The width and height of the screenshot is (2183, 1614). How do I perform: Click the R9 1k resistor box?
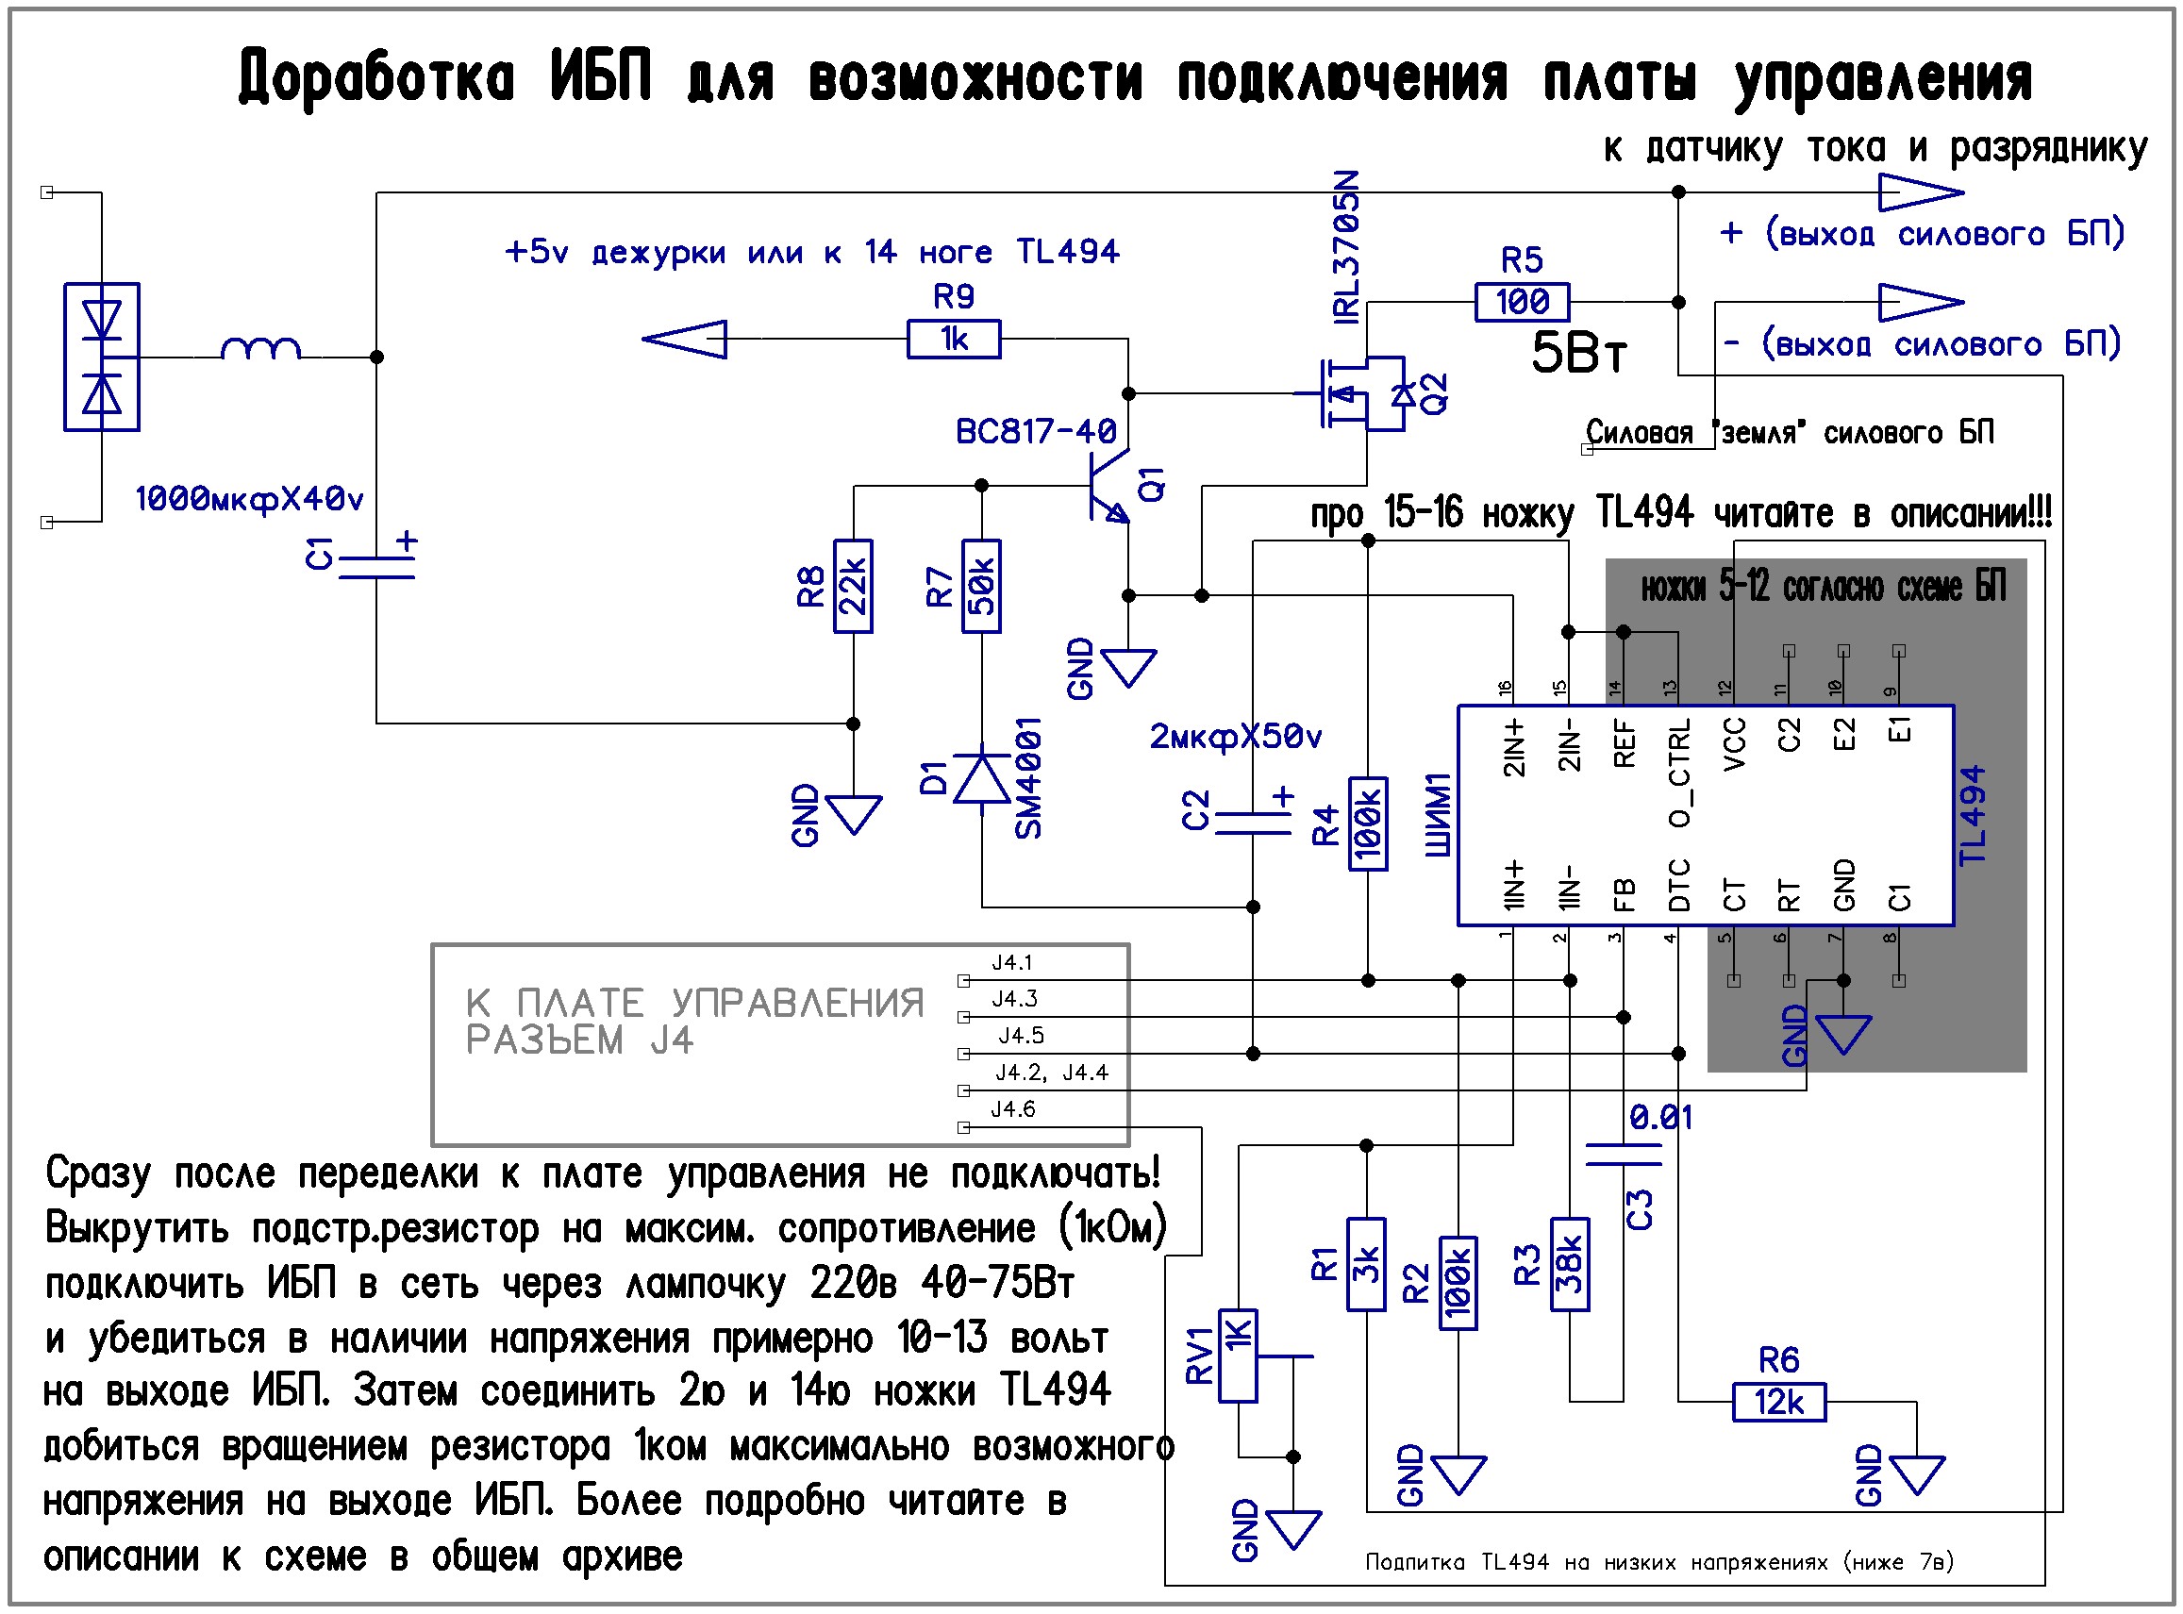953,339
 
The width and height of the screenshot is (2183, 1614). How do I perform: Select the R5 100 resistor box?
1522,302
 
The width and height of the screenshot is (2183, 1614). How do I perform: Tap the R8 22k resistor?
852,586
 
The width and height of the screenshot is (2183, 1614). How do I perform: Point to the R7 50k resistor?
981,586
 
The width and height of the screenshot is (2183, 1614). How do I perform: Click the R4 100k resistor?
1367,824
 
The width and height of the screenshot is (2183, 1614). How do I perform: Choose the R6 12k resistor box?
1778,1403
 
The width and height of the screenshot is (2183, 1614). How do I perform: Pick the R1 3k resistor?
1366,1264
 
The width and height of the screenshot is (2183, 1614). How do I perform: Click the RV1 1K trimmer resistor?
1237,1356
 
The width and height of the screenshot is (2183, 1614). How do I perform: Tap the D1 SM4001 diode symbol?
981,778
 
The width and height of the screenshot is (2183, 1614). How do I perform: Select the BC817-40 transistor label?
1036,431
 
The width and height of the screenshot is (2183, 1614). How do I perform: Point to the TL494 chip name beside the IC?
1973,815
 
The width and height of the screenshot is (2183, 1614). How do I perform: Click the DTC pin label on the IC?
1679,885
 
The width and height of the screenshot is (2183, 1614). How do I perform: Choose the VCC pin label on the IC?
1735,744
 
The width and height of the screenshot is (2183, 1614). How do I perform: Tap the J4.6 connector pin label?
1012,1109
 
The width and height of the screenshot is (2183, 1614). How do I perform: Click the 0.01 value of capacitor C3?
1660,1117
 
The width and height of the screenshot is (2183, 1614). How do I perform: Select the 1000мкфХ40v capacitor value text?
249,499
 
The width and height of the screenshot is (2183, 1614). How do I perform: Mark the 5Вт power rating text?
1578,353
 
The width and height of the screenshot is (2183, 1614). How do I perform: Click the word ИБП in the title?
600,76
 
